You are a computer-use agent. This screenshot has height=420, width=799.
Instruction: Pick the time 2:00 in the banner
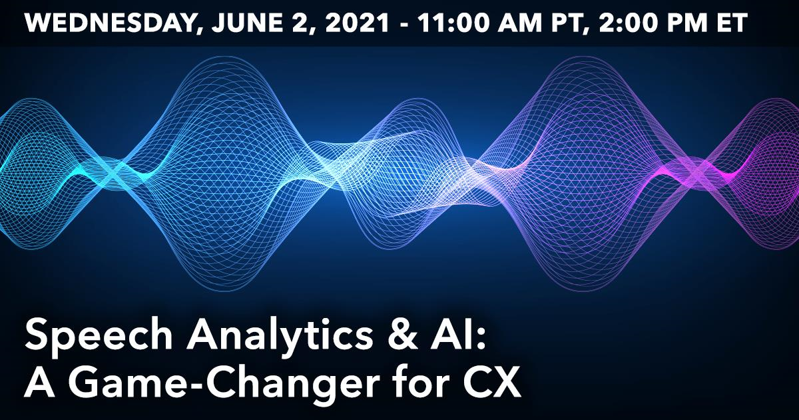[x=628, y=23]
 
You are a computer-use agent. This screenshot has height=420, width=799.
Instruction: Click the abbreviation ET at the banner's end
[x=729, y=23]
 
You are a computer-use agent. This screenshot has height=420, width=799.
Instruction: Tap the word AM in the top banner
[x=519, y=23]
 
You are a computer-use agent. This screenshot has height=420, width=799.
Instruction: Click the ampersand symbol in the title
[x=402, y=336]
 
